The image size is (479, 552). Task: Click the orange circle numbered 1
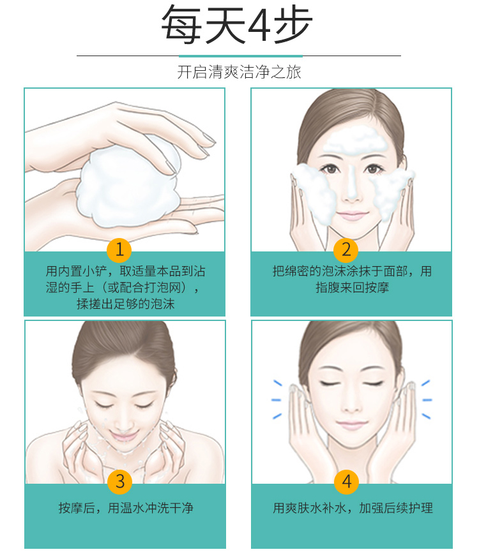pyautogui.click(x=119, y=250)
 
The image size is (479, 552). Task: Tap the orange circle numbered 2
pyautogui.click(x=346, y=250)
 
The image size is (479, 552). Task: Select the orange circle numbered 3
pyautogui.click(x=119, y=482)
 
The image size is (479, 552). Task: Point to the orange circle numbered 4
pyautogui.click(x=347, y=482)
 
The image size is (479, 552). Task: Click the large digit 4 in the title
pyautogui.click(x=259, y=26)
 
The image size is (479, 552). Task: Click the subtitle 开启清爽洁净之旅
pyautogui.click(x=239, y=72)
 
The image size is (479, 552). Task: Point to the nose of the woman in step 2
pyautogui.click(x=351, y=190)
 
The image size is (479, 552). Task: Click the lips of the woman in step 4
pyautogui.click(x=351, y=425)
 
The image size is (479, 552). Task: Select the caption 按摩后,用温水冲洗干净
pyautogui.click(x=126, y=507)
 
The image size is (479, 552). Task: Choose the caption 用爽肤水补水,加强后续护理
pyautogui.click(x=353, y=507)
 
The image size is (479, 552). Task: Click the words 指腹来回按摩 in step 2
pyautogui.click(x=352, y=287)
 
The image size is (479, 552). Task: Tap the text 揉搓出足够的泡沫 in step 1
pyautogui.click(x=126, y=304)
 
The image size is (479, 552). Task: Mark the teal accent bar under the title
pyautogui.click(x=241, y=56)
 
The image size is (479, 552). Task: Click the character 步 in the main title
pyautogui.click(x=293, y=26)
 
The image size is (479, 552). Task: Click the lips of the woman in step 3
pyautogui.click(x=123, y=435)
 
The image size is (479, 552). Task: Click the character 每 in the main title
pyautogui.click(x=180, y=26)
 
